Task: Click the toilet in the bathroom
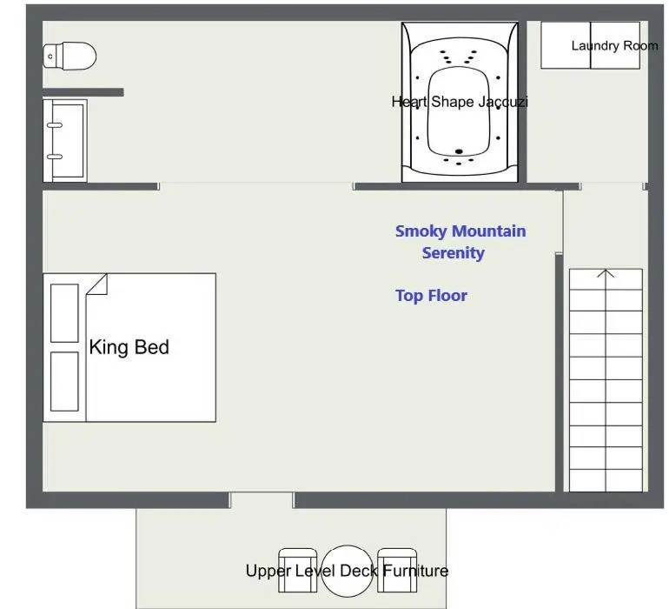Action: coord(70,56)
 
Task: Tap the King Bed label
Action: coord(129,347)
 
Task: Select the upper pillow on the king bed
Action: coord(64,313)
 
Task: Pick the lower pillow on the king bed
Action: coord(64,381)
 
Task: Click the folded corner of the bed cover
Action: coord(97,284)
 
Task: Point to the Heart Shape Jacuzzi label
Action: coord(460,102)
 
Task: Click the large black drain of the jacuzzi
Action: coord(459,151)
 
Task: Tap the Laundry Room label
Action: coord(614,45)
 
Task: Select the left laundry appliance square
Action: coord(566,45)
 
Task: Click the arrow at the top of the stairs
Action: coord(606,273)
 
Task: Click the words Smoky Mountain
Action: coord(460,231)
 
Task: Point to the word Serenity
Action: coord(454,252)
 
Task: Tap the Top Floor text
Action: coord(431,295)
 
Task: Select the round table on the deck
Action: coord(348,571)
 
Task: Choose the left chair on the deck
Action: coord(297,571)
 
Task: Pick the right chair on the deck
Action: coord(397,571)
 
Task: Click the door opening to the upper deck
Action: coord(262,500)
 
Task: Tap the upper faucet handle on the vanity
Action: coord(55,125)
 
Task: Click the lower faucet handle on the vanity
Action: coord(55,157)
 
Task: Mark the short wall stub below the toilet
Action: coord(83,92)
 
